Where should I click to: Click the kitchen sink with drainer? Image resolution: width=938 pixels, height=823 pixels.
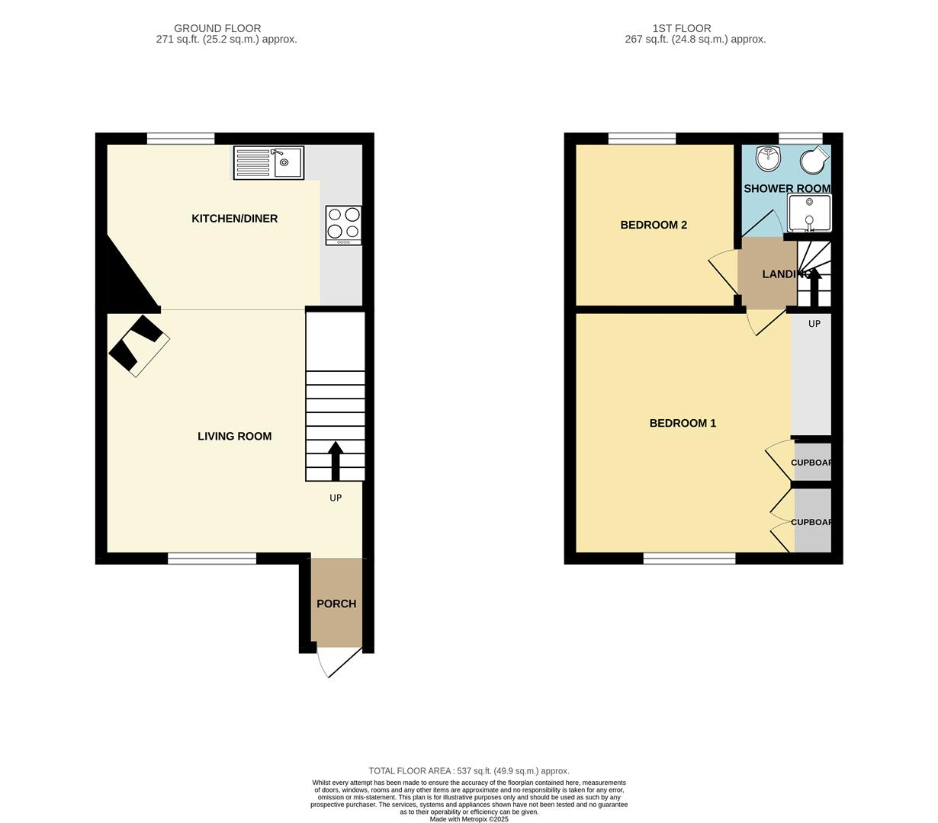[268, 162]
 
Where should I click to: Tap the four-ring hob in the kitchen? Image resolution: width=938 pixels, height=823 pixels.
[343, 225]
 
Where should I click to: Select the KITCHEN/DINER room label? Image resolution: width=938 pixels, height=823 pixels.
[234, 219]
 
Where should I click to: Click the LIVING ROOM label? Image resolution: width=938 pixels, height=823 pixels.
[234, 437]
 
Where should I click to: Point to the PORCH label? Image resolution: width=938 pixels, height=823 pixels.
[336, 604]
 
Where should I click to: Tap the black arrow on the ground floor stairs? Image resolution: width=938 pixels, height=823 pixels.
[336, 460]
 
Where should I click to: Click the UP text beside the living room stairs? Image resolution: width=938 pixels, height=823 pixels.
[336, 498]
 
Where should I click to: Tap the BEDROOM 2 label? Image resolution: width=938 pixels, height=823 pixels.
[654, 225]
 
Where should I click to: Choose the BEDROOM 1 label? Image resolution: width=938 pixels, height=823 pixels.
[683, 423]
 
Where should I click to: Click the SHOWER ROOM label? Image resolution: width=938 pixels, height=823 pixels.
[787, 188]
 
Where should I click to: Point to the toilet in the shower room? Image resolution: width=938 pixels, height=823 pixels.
[814, 160]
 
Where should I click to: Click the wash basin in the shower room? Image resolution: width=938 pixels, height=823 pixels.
[768, 159]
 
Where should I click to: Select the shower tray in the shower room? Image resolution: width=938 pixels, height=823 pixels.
[809, 213]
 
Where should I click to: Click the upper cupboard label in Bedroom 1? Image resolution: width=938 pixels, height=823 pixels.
[811, 463]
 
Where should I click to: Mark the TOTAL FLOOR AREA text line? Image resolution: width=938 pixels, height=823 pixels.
[469, 771]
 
